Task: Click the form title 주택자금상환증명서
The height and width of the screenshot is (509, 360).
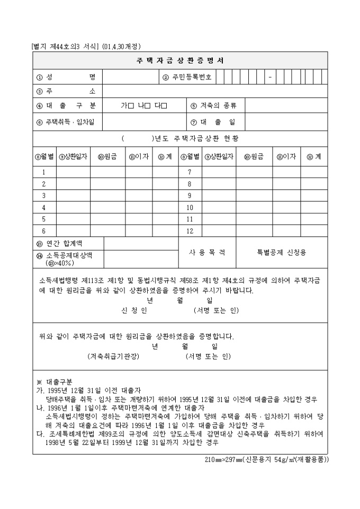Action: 180,60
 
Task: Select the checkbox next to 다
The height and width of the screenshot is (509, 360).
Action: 164,105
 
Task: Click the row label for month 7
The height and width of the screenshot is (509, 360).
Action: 189,172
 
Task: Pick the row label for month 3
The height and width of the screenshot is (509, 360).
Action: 44,195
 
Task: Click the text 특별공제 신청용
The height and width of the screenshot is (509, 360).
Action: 281,252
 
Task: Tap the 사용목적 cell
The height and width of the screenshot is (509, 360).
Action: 207,252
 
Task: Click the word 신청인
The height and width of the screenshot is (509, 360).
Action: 134,310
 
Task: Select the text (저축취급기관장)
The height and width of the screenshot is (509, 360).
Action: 113,357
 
